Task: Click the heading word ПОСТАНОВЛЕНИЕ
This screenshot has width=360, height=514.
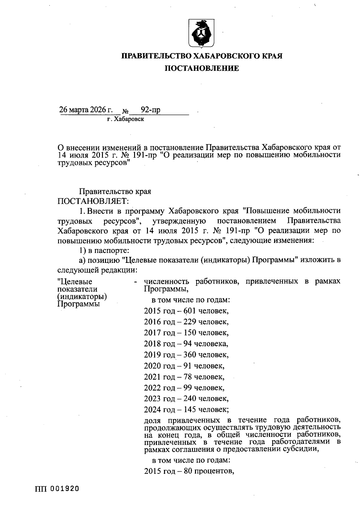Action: pos(202,69)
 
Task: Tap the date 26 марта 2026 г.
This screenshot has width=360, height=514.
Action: pos(86,110)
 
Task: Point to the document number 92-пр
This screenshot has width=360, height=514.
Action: pos(151,110)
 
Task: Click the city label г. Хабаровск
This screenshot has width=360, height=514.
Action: pos(125,119)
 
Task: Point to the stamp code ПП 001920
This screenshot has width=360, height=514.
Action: pos(57,488)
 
